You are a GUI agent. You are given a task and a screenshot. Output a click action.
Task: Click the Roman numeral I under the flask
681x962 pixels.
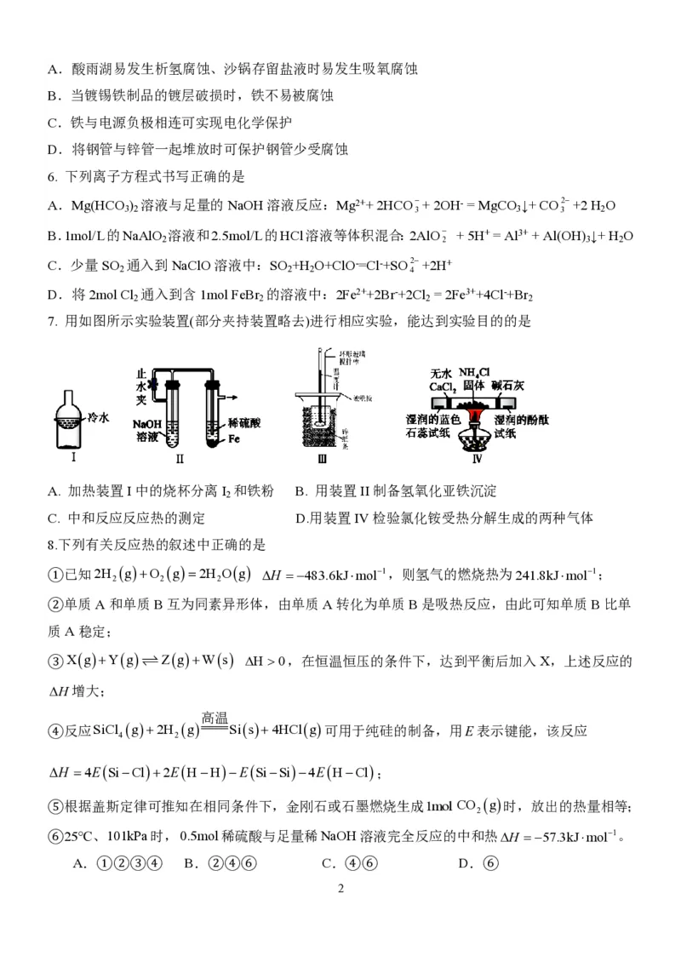74,457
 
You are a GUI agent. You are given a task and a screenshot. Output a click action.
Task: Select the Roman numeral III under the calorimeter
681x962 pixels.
321,461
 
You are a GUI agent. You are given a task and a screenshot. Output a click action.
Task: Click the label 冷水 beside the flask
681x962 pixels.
100,417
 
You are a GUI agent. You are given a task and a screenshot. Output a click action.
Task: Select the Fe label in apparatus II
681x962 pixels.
233,438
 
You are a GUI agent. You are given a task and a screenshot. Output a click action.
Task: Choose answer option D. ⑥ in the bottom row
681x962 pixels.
477,863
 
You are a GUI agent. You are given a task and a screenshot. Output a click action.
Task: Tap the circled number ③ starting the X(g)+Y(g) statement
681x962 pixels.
56,661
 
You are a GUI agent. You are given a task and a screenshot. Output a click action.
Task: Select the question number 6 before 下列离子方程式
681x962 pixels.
52,177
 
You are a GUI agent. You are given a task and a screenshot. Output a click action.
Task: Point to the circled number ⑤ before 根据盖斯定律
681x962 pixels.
56,806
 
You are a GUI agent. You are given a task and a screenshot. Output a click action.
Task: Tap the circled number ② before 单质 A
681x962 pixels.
56,604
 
